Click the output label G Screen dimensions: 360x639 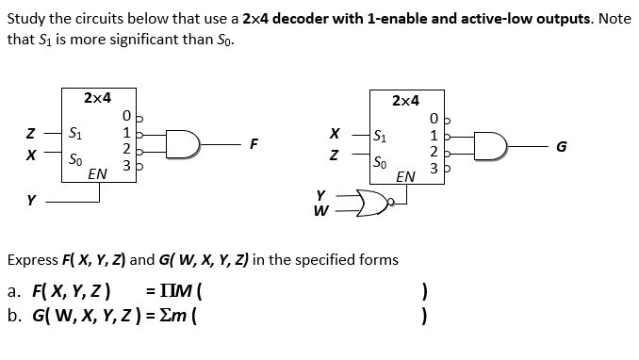(563, 146)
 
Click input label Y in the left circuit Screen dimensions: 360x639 (31, 200)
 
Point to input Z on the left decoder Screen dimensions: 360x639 (31, 132)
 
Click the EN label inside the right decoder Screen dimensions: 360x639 (405, 176)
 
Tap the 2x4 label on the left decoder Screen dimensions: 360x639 (97, 97)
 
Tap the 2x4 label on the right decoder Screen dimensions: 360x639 (405, 100)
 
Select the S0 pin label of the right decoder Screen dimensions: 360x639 (380, 161)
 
